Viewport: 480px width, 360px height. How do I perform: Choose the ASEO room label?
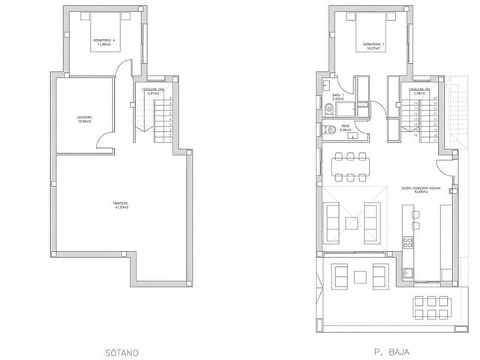345,127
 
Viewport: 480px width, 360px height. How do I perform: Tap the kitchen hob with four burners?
409,241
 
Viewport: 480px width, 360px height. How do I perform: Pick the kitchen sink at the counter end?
409,271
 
